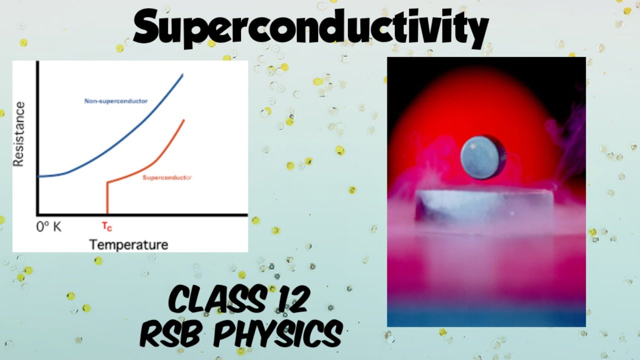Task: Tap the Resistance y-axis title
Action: [19, 134]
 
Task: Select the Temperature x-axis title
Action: [128, 244]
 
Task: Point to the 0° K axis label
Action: [49, 226]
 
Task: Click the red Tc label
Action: [107, 226]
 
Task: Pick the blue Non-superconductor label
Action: [116, 101]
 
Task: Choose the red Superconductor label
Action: [167, 177]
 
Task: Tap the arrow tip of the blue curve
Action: [182, 74]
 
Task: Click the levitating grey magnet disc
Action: [483, 157]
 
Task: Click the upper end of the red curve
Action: [184, 120]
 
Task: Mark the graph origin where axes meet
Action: [37, 214]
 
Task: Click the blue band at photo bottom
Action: [486, 317]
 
